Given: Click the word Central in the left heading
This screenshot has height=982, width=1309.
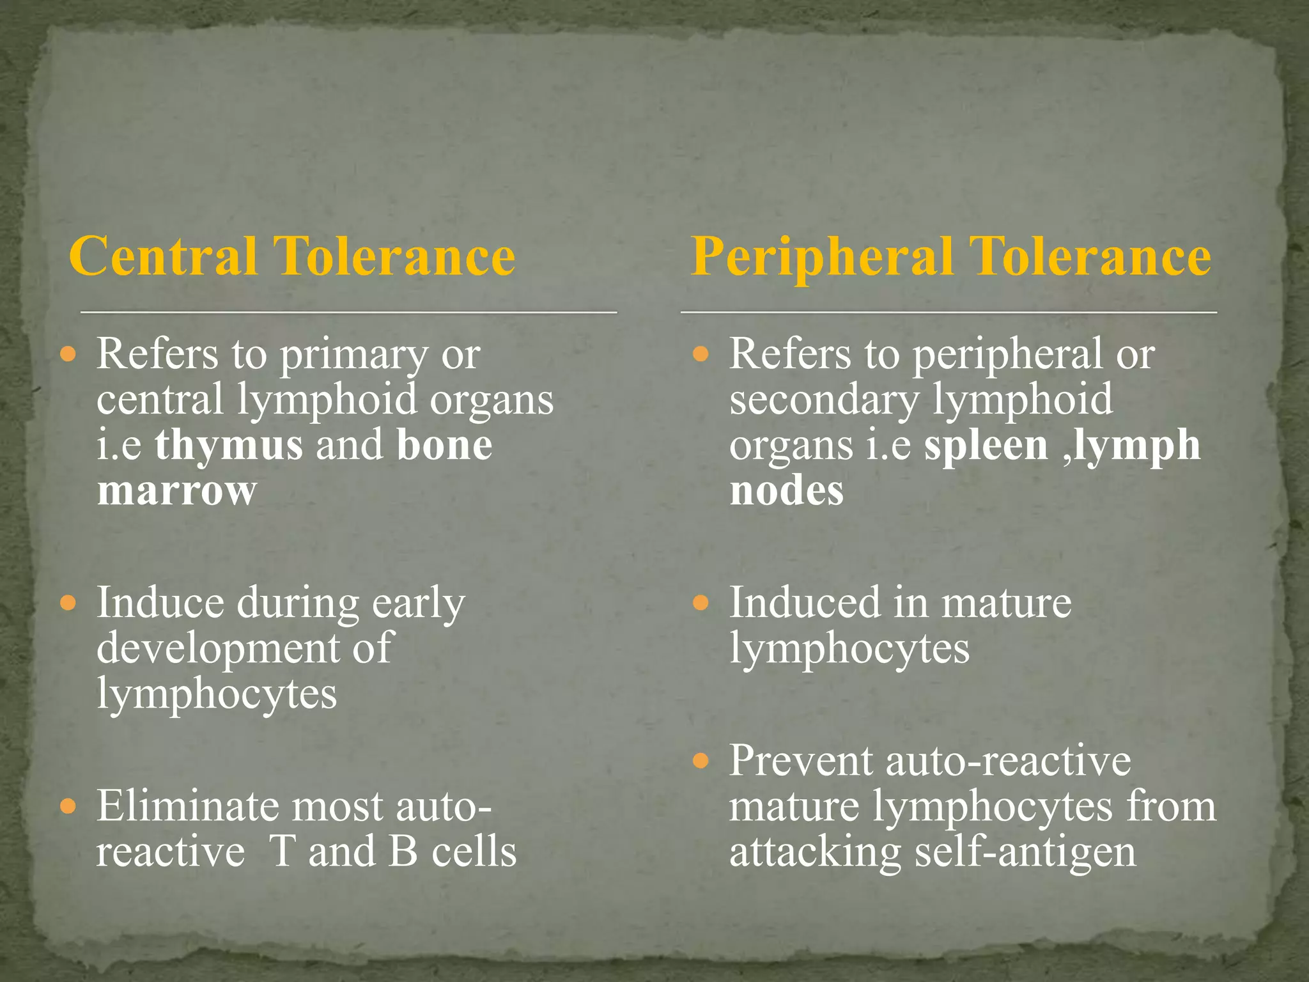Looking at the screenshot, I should [162, 256].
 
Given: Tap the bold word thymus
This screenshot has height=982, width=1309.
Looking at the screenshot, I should [229, 445].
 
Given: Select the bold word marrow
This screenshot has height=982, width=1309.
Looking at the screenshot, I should [176, 490].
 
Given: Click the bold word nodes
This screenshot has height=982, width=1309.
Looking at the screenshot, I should [786, 490].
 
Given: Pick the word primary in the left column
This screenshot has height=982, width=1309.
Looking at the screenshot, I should [354, 355].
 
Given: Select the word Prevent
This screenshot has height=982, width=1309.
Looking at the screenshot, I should [802, 761].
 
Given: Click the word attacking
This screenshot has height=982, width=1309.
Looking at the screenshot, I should [814, 853].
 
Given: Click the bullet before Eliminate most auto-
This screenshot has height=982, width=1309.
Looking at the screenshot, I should [68, 806].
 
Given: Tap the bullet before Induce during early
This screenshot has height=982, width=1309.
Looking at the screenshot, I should [68, 603].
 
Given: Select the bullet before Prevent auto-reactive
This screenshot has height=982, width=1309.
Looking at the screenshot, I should [701, 761].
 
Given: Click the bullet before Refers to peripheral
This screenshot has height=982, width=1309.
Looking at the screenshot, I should [701, 354].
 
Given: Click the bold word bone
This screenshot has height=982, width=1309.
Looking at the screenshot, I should [444, 445].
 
